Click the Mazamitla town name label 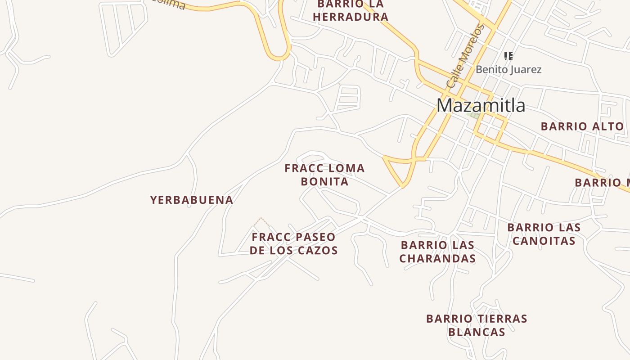(x=481, y=105)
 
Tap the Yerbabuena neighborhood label (x=192, y=200)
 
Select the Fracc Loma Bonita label (x=324, y=175)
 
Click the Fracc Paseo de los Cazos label (x=294, y=243)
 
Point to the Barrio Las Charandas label (x=437, y=252)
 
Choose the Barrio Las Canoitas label (x=544, y=234)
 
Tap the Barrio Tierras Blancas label (x=477, y=325)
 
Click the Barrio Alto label (x=582, y=126)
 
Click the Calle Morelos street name (x=465, y=56)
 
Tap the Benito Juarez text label (x=508, y=70)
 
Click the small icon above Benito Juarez (x=508, y=56)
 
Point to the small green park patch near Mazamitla (x=472, y=114)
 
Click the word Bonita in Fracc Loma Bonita (x=324, y=181)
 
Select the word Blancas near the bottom (x=477, y=332)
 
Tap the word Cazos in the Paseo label (x=317, y=250)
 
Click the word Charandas (x=437, y=258)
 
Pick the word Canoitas (x=544, y=241)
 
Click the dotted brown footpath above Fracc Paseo (x=261, y=221)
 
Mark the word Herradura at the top (x=351, y=17)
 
